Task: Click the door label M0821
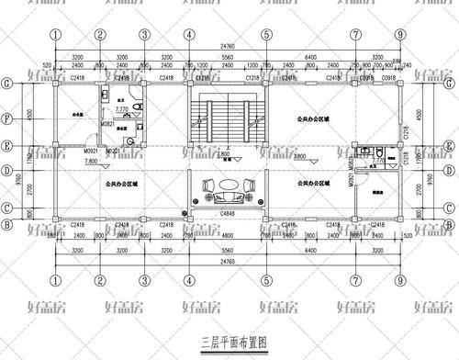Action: pyautogui.click(x=108, y=124)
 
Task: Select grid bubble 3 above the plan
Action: pyautogui.click(x=144, y=35)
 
